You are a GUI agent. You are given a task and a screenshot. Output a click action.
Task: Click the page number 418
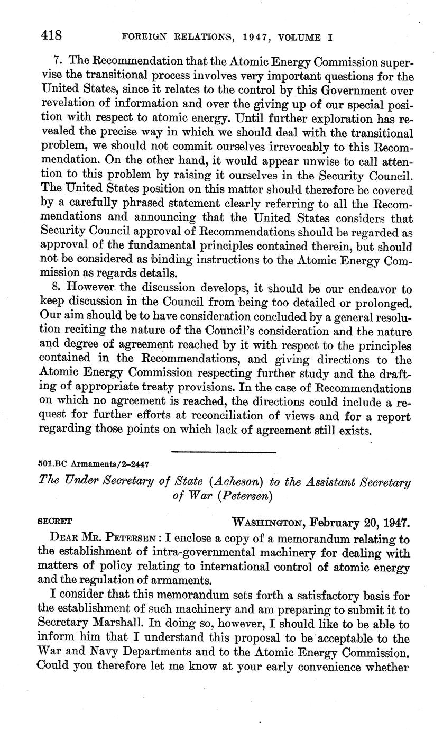[51, 35]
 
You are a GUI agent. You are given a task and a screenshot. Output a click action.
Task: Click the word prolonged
[382, 303]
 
